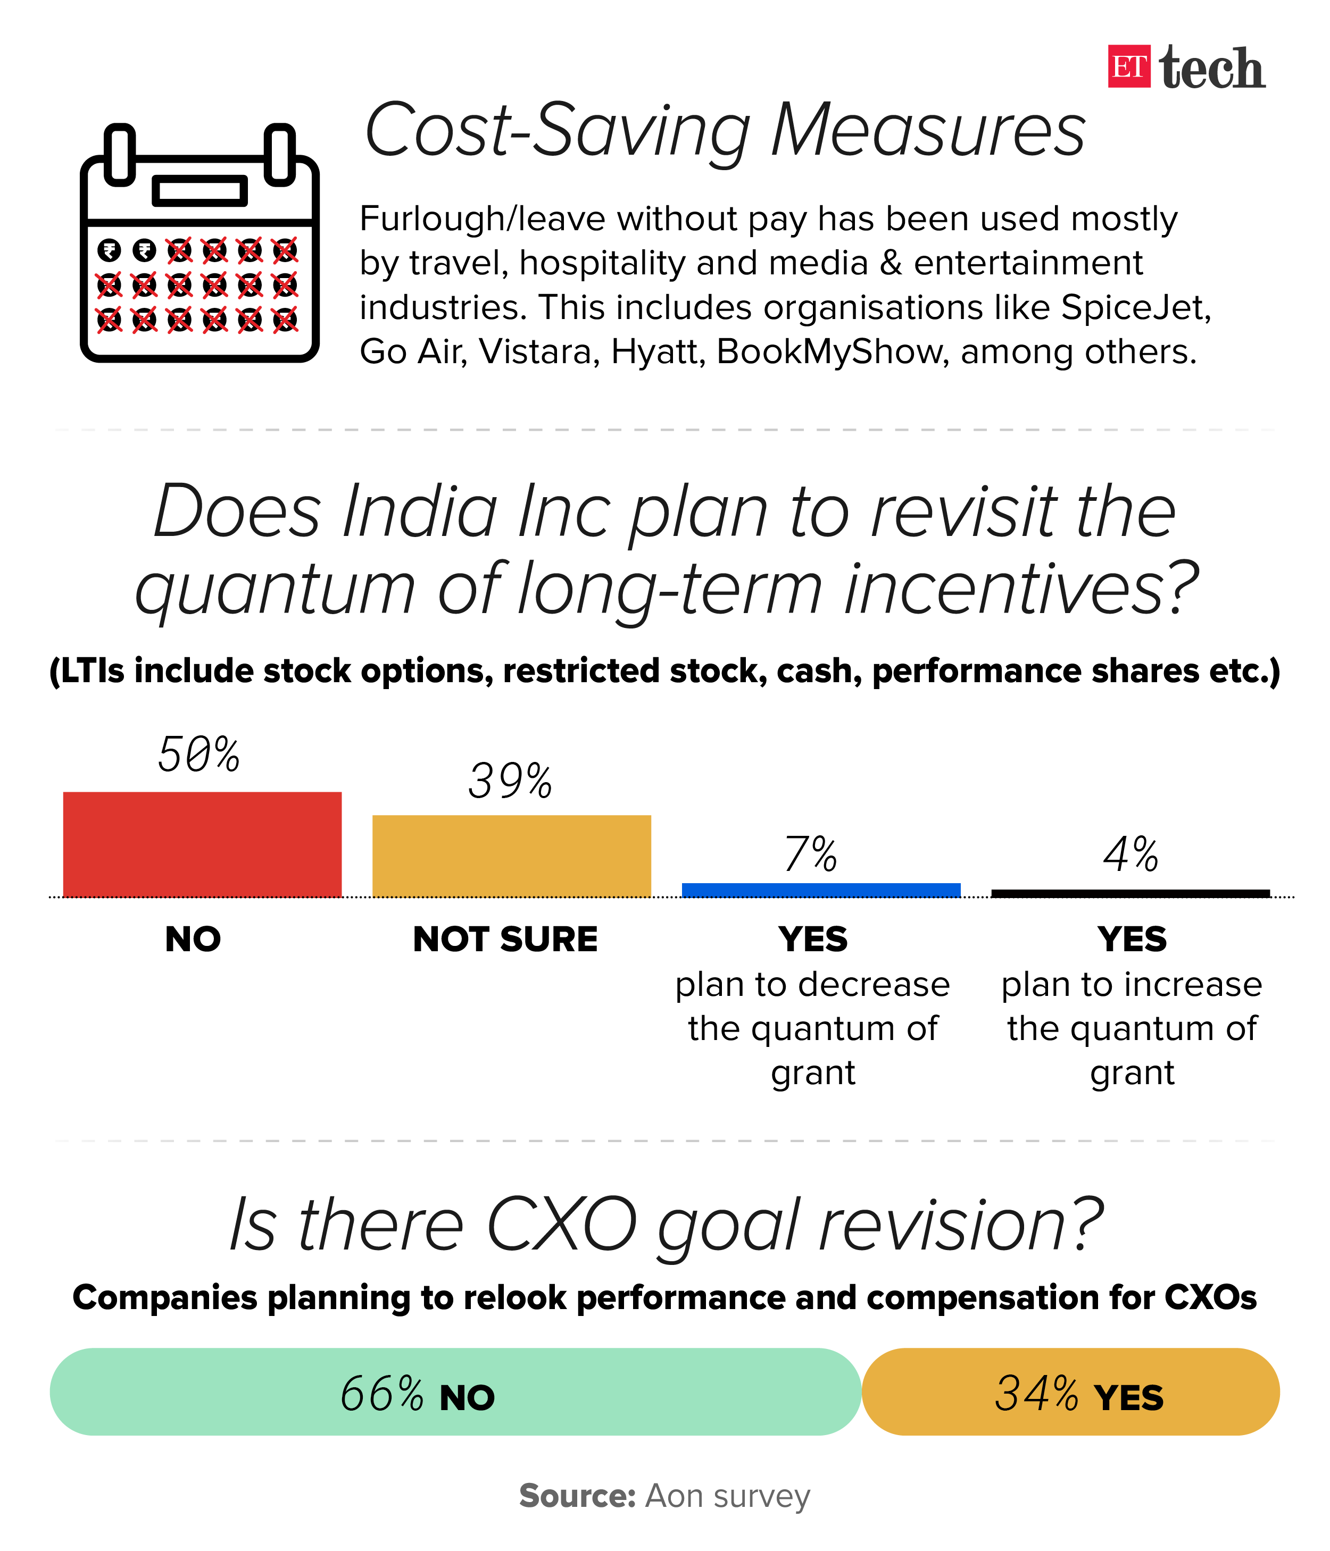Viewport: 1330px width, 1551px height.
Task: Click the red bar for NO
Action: (x=202, y=844)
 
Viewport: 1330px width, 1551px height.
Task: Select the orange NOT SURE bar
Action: (x=511, y=856)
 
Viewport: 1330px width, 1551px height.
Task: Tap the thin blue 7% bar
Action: (x=821, y=890)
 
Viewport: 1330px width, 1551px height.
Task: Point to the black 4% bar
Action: (x=1130, y=893)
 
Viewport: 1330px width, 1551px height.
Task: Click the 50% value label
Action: (x=198, y=754)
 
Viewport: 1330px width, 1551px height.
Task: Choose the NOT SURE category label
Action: (x=505, y=938)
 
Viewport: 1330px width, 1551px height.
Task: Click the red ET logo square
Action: (x=1128, y=66)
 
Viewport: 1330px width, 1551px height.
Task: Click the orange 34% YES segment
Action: (x=1071, y=1391)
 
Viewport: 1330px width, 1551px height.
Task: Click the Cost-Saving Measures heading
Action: (x=724, y=130)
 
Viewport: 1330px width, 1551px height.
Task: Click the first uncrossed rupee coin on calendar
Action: (x=110, y=250)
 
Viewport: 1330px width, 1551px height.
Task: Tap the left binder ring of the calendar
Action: (x=120, y=154)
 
